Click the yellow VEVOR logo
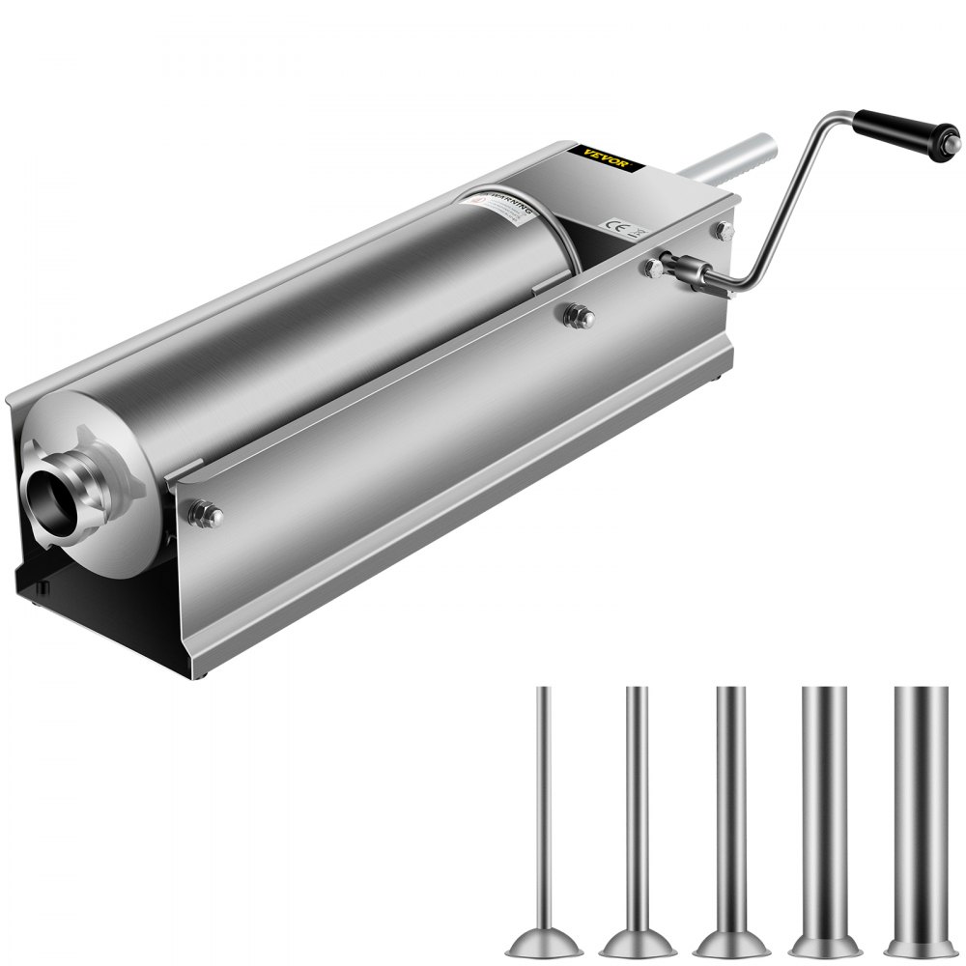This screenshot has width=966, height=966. [x=606, y=158]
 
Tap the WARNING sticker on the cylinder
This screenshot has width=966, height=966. [x=507, y=207]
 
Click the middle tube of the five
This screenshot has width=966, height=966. [x=730, y=811]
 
